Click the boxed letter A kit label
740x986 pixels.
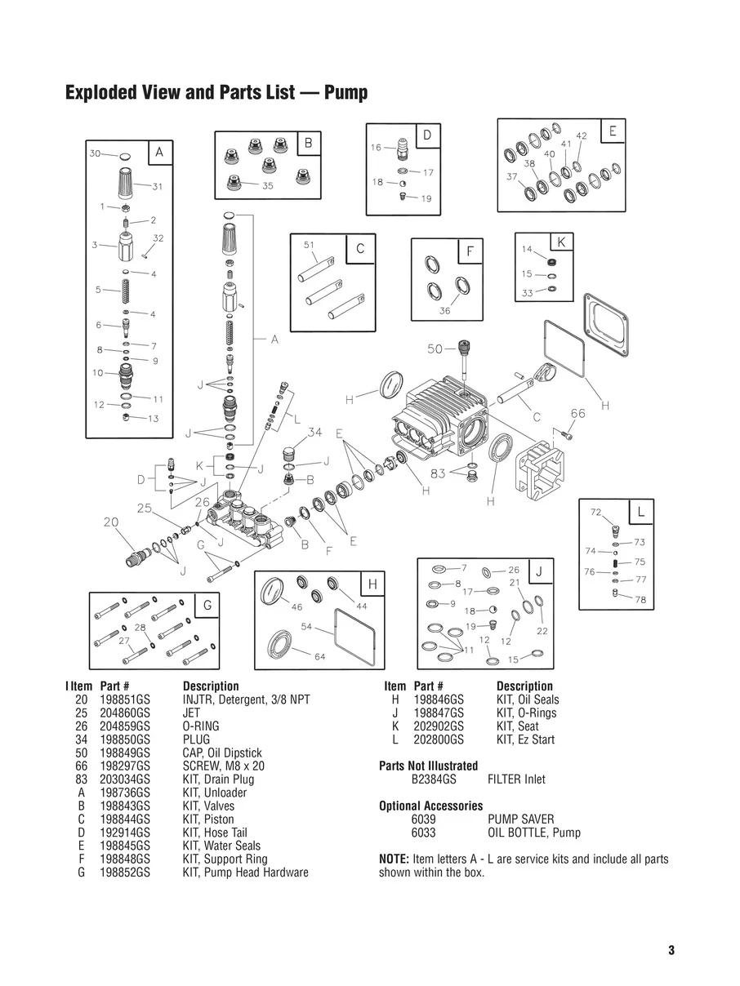159,152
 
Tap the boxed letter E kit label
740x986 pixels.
612,131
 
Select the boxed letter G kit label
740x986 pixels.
207,605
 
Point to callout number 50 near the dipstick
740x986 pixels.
435,349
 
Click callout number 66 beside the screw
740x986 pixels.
577,414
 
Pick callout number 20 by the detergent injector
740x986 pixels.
112,522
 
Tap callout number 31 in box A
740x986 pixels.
158,186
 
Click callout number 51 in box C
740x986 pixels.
309,244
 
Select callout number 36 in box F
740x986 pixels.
445,311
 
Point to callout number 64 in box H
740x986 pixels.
320,657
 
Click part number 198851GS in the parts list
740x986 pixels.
125,700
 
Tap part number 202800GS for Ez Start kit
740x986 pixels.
439,739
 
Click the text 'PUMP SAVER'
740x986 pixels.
520,819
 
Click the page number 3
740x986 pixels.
671,950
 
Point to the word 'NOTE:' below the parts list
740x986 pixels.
395,859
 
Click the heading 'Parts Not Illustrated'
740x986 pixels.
429,766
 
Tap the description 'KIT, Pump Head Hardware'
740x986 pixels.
245,873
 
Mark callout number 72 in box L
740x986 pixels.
595,512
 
